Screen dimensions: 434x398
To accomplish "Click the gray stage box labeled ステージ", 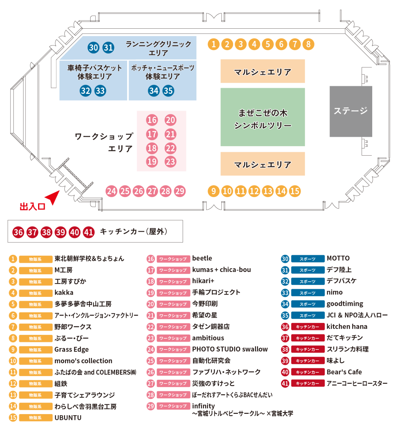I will (x=351, y=111).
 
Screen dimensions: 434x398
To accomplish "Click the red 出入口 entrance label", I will (x=32, y=207).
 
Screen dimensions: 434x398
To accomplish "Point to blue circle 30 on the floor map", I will (x=93, y=48).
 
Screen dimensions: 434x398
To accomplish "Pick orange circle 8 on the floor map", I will (x=308, y=44).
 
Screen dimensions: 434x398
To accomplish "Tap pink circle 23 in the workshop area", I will (x=170, y=161).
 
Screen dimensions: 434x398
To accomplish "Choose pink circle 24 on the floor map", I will (x=111, y=191).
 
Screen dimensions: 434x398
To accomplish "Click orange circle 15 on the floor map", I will (x=295, y=191).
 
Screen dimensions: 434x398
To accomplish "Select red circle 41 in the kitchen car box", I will (x=88, y=232).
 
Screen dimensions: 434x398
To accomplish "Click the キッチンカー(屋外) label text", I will (x=133, y=232).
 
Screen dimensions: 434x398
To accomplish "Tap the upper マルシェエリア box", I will (x=262, y=71).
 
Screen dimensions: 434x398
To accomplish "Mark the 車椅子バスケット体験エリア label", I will (x=94, y=72).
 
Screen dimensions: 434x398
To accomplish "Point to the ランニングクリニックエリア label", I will (x=158, y=48).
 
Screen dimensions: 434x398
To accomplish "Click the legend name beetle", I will (x=202, y=259).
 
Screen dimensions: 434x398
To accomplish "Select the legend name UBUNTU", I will (x=68, y=418).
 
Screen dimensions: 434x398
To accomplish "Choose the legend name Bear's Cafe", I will (x=344, y=372).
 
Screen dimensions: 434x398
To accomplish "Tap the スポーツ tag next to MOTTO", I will (x=308, y=259).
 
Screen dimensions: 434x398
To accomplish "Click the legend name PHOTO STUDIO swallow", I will (x=230, y=349).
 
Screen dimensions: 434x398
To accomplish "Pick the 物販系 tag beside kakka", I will (x=35, y=293).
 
